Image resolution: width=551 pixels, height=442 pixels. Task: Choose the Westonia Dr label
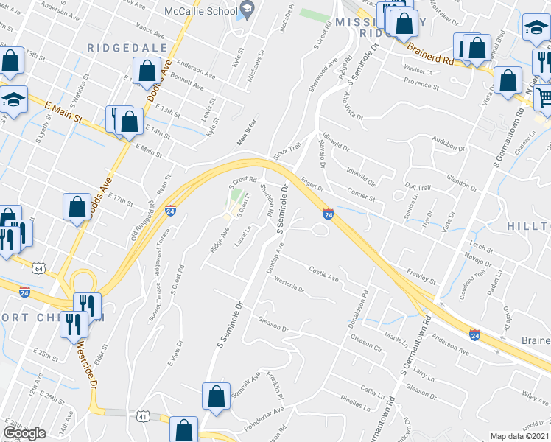pyautogui.click(x=289, y=287)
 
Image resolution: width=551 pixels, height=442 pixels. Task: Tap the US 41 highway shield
pyautogui.click(x=143, y=417)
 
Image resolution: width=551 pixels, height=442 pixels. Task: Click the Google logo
pyautogui.click(x=24, y=433)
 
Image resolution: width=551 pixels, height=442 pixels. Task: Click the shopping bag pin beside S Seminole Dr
pyautogui.click(x=215, y=396)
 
